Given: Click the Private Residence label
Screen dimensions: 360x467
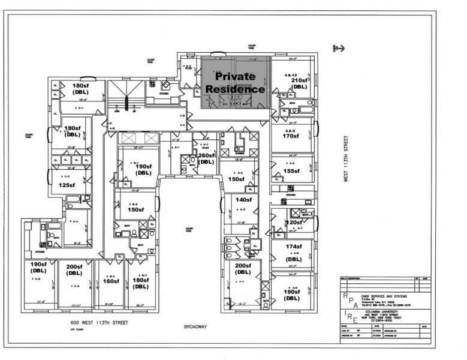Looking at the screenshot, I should click(x=236, y=83).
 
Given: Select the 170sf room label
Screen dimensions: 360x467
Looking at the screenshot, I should click(x=291, y=136).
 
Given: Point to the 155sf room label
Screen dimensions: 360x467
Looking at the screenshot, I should click(x=291, y=171).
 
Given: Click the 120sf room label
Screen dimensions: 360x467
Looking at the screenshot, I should click(x=294, y=223).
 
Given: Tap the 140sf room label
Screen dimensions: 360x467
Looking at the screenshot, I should click(x=243, y=200).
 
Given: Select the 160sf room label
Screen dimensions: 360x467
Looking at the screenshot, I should click(x=112, y=280).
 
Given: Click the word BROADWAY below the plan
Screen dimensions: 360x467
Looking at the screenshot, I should click(x=195, y=327).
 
